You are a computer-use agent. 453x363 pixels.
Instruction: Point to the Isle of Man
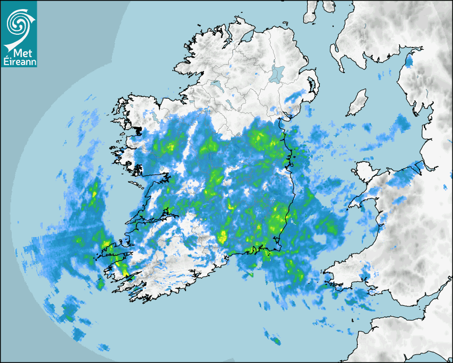pyautogui.click(x=357, y=103)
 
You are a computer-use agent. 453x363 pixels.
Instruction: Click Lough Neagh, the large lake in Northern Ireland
pyautogui.click(x=277, y=73)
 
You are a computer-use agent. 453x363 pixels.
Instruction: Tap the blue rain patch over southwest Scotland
pyautogui.click(x=409, y=60)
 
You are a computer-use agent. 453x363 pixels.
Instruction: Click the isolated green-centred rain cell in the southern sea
pyautogui.click(x=276, y=340)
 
